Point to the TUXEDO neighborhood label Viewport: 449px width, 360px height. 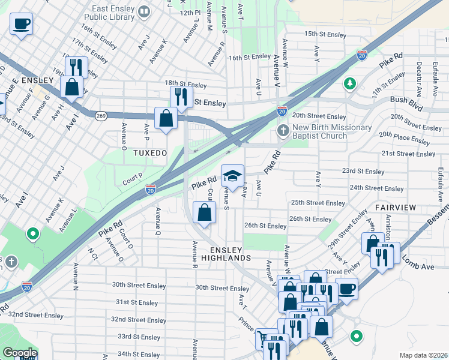pos(150,154)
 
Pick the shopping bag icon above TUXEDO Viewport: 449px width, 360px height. pos(166,118)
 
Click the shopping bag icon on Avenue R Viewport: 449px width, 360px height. pos(204,212)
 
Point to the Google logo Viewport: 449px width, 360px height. pos(20,353)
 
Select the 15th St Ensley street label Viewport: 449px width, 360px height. pos(325,35)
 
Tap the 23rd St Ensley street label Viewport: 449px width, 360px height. pos(363,171)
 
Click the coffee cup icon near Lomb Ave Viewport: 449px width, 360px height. pos(346,288)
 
